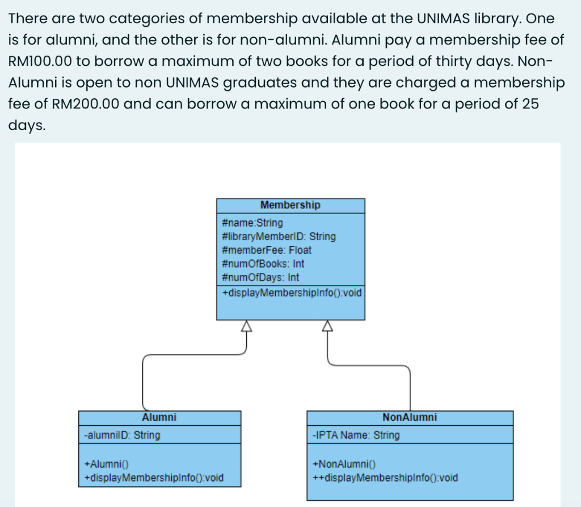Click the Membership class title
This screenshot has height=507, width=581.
coord(290,205)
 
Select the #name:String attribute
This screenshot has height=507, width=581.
coord(252,223)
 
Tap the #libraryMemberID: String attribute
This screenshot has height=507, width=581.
coord(279,236)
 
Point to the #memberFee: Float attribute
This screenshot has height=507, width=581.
coord(267,250)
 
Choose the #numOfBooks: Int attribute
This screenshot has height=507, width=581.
coord(263,263)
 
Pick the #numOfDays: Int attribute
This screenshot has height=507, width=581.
coord(260,277)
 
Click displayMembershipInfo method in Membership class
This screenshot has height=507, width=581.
coord(291,293)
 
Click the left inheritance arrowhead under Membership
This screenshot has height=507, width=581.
coord(246,325)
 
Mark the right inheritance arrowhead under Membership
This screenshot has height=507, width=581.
coord(327,325)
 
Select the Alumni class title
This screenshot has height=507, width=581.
coord(159,417)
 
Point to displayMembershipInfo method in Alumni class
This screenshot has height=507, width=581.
coord(153,477)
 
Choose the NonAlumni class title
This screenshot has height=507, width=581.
coord(410,417)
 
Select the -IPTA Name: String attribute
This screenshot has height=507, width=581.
coord(356,435)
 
